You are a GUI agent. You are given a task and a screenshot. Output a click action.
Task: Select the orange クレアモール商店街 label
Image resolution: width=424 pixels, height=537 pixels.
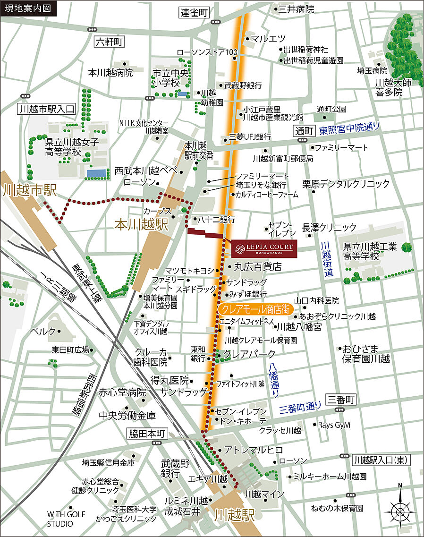(x=255, y=309)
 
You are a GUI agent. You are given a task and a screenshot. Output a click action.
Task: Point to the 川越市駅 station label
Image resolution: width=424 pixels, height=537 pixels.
(x=29, y=190)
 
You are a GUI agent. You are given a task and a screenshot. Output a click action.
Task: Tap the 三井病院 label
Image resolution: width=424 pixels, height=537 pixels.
(x=296, y=9)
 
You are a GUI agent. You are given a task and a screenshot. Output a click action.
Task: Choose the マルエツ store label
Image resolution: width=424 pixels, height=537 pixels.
(x=268, y=39)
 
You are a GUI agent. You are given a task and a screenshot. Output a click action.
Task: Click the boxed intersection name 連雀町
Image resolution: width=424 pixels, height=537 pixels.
(x=194, y=13)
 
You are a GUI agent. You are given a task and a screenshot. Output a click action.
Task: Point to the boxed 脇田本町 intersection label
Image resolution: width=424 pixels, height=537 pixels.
(x=148, y=433)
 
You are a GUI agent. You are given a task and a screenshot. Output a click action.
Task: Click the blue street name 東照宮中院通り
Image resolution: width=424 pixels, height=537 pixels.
(x=349, y=127)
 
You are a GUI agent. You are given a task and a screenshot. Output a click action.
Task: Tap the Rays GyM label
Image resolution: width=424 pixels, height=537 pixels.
(x=334, y=425)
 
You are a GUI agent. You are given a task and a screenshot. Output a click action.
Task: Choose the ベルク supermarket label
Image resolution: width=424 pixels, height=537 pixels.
(x=42, y=331)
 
